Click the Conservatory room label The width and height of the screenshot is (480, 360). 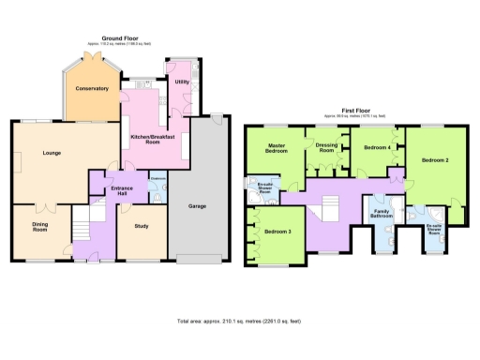(93, 88)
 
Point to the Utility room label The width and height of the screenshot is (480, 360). (182, 82)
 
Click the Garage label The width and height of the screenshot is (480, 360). (198, 205)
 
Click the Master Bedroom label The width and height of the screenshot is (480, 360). (276, 150)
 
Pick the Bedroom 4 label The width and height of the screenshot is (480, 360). (377, 148)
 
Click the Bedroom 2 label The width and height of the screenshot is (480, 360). (434, 160)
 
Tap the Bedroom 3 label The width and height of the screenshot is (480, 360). (277, 232)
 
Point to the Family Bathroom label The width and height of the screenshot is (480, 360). (382, 215)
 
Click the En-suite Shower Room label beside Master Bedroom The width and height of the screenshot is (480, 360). (264, 187)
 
